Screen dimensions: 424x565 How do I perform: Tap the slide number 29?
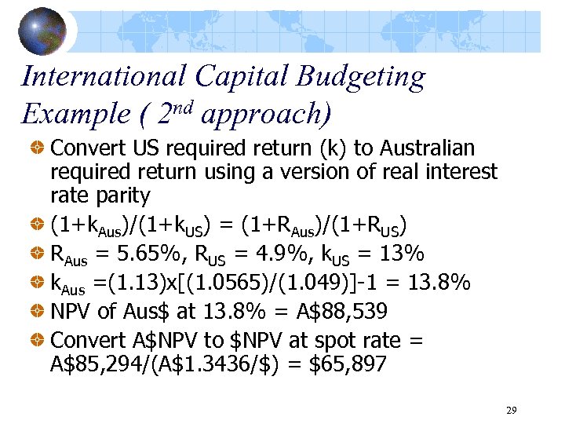click(511, 410)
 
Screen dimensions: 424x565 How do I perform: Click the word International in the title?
click(104, 77)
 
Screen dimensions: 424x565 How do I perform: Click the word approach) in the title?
click(265, 115)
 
